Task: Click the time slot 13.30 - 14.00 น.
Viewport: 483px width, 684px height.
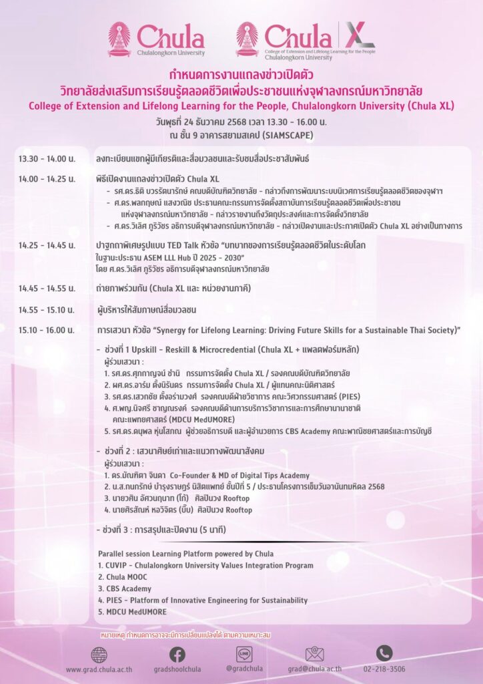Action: (x=47, y=159)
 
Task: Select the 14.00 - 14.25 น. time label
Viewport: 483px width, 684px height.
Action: (x=47, y=179)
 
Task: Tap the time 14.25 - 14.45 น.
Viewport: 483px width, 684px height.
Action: (x=47, y=245)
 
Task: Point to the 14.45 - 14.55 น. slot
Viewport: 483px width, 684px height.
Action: (x=47, y=289)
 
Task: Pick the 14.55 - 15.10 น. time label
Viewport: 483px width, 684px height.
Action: (x=47, y=310)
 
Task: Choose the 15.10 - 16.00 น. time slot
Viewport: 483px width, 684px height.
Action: (x=47, y=330)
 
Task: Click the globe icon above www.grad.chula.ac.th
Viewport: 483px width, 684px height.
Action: (x=99, y=655)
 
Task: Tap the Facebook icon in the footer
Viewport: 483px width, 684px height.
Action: (x=177, y=655)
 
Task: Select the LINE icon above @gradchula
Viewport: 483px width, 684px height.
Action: (x=244, y=655)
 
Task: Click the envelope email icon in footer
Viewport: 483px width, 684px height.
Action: (x=314, y=654)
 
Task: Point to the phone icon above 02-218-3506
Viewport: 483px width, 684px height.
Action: (x=384, y=653)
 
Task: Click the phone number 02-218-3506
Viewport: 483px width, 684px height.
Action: (x=384, y=669)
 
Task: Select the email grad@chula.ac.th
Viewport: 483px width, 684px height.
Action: (x=315, y=669)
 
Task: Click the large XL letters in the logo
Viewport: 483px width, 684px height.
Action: (x=360, y=35)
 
